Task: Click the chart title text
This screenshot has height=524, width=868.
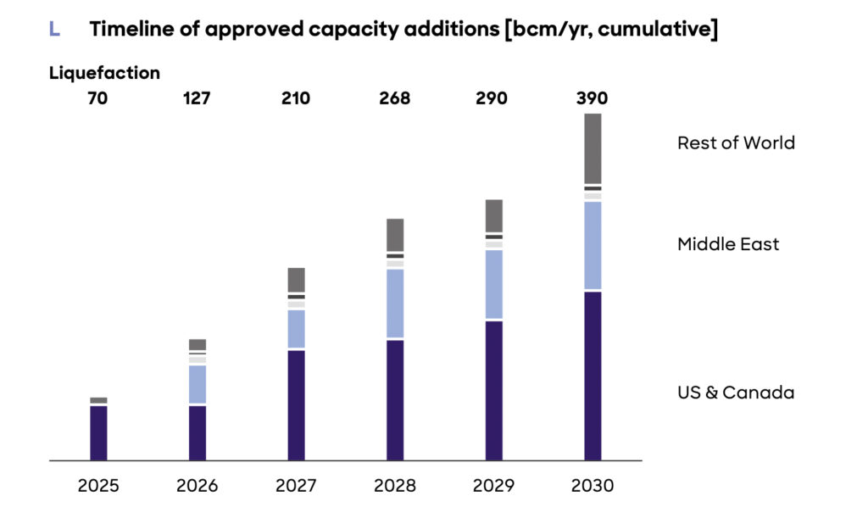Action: click(x=403, y=30)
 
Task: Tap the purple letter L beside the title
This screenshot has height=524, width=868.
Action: click(x=54, y=30)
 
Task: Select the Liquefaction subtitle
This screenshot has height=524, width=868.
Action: click(x=104, y=73)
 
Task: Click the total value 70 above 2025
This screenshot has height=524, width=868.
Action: click(x=98, y=98)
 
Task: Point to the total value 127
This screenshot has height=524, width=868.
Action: click(x=197, y=98)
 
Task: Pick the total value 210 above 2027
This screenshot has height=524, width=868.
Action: click(x=296, y=98)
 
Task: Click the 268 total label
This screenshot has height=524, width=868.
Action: click(x=394, y=98)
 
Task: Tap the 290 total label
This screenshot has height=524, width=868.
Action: click(x=492, y=98)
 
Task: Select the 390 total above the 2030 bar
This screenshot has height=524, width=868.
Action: click(x=592, y=98)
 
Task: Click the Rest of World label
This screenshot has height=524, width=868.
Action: click(x=736, y=142)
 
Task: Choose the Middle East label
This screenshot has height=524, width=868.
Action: click(x=728, y=244)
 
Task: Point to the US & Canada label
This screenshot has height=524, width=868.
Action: click(x=736, y=393)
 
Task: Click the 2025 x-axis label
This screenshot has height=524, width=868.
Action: click(x=98, y=486)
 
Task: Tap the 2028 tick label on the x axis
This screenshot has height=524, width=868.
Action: click(x=394, y=486)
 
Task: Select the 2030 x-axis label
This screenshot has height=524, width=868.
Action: click(x=592, y=486)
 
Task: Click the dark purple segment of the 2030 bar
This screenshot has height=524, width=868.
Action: click(x=593, y=376)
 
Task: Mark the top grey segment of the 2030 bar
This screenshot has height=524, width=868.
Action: click(x=593, y=148)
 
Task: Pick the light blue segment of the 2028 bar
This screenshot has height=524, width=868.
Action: click(x=395, y=303)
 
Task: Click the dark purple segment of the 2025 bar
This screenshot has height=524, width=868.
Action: click(x=98, y=432)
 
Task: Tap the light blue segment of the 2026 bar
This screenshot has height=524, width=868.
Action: click(x=198, y=384)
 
